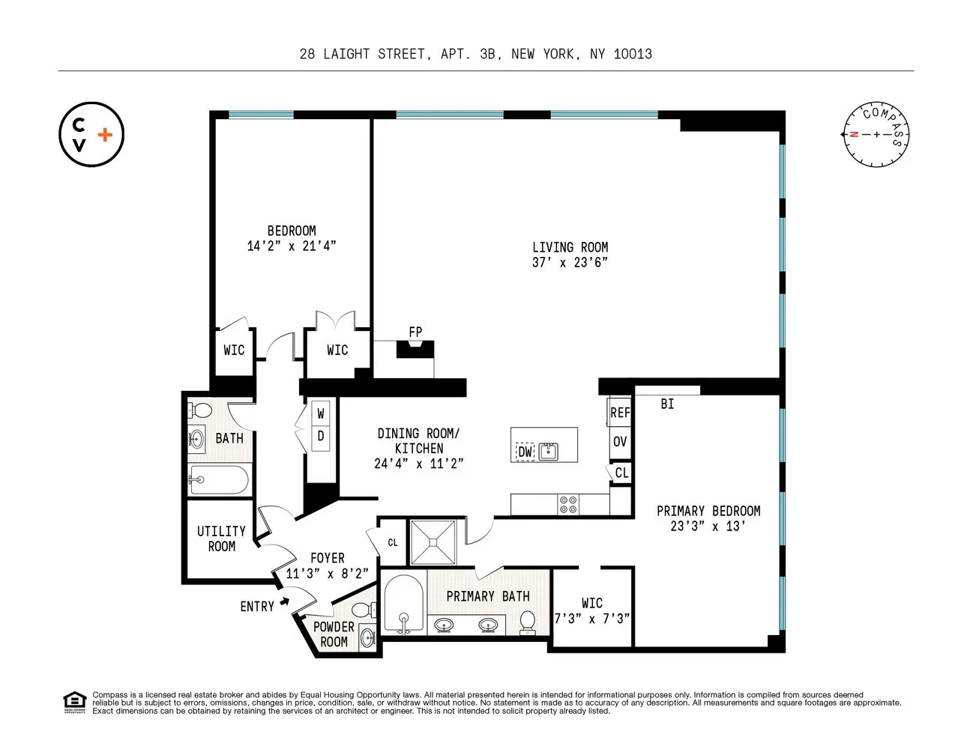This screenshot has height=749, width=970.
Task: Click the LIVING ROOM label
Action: click(570, 247)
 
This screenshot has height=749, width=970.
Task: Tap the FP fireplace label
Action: click(415, 332)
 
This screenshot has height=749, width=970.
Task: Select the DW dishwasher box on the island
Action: click(525, 452)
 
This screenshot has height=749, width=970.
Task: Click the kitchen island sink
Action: click(549, 451)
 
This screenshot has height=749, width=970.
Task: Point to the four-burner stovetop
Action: click(568, 505)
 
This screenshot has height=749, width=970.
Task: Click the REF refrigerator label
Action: click(620, 413)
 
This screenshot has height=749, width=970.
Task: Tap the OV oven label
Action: click(620, 442)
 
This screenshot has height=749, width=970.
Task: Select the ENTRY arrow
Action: click(284, 601)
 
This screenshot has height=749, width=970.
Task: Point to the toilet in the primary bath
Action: click(528, 622)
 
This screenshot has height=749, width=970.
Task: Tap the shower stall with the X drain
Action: click(433, 542)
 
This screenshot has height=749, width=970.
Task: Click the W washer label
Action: click(321, 413)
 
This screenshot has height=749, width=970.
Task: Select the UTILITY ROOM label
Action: click(221, 539)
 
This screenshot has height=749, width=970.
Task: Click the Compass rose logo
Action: click(876, 135)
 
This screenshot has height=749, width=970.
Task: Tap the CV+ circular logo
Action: click(91, 135)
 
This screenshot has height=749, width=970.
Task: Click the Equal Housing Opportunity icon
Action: click(74, 702)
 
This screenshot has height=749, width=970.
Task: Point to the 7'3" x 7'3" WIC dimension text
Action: click(591, 619)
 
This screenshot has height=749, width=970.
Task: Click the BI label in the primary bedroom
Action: click(667, 404)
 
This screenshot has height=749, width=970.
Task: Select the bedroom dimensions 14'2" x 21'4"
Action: click(292, 246)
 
